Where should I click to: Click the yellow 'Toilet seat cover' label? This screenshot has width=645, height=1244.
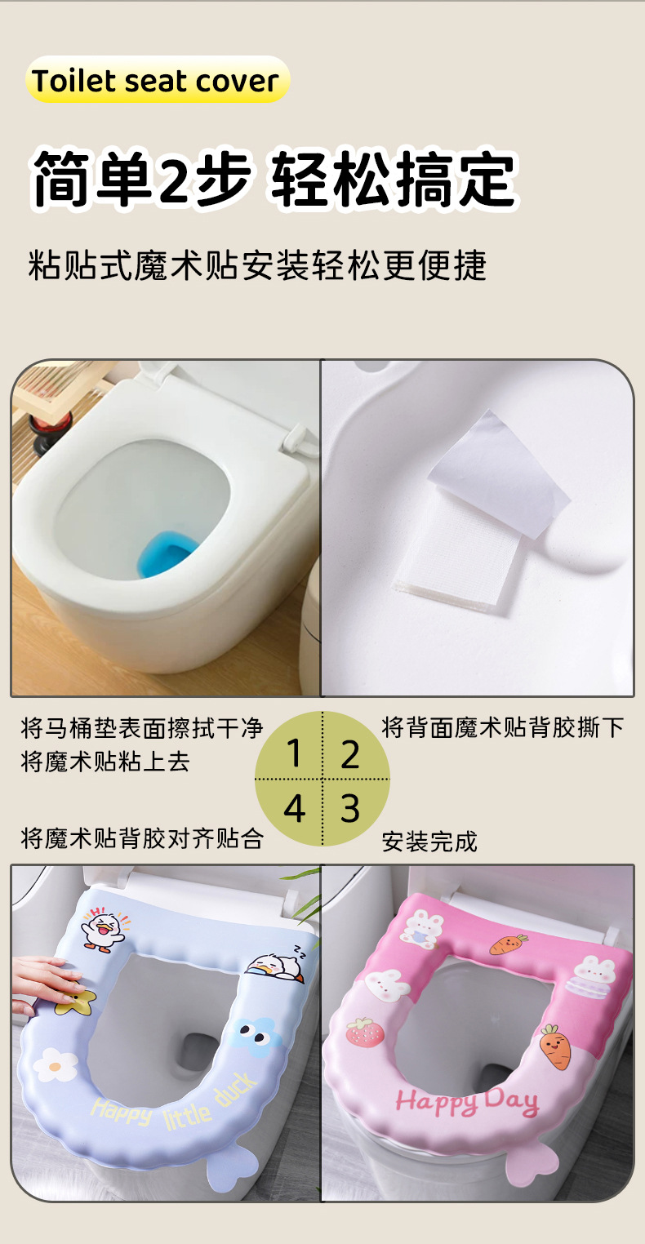[158, 80]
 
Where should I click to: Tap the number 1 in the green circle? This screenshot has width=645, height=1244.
[295, 753]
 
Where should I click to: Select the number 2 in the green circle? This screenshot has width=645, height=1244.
[350, 754]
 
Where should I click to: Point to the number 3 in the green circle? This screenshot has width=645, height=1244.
[350, 808]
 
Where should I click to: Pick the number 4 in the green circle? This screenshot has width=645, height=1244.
[295, 808]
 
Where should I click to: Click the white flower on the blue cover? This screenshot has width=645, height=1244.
[56, 1064]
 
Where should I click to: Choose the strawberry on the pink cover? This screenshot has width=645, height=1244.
[364, 1033]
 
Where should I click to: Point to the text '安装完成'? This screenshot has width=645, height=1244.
[429, 842]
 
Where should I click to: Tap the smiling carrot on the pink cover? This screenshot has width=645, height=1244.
[555, 1046]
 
